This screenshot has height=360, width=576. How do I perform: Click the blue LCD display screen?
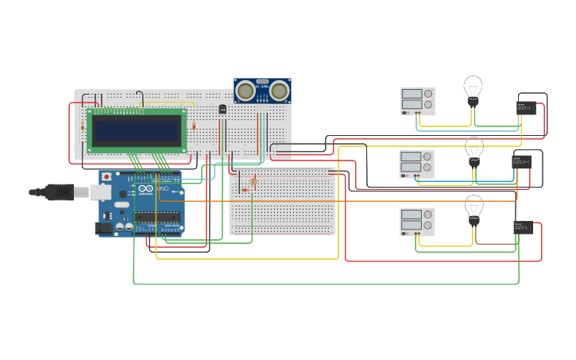pyautogui.click(x=137, y=130)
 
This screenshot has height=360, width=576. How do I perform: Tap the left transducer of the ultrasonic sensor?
pyautogui.click(x=246, y=91)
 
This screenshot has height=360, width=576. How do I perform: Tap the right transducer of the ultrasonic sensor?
pyautogui.click(x=279, y=91)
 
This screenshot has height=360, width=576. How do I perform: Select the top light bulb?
pyautogui.click(x=473, y=88)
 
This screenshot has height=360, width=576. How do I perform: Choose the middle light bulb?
pyautogui.click(x=474, y=149)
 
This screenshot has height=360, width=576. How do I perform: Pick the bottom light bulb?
pyautogui.click(x=474, y=208)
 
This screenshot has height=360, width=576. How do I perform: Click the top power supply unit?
pyautogui.click(x=417, y=101)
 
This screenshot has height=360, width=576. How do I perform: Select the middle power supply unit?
pyautogui.click(x=416, y=164)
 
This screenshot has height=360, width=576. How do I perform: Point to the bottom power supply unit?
pyautogui.click(x=417, y=222)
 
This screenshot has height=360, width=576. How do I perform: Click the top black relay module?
pyautogui.click(x=526, y=108)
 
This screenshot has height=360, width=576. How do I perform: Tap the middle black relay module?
pyautogui.click(x=521, y=161)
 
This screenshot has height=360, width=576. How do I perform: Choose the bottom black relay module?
pyautogui.click(x=523, y=227)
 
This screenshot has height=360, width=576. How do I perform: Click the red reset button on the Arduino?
pyautogui.click(x=106, y=177)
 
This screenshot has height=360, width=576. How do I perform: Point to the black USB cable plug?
pyautogui.click(x=60, y=192)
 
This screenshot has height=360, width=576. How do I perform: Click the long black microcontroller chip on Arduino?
pyautogui.click(x=157, y=216)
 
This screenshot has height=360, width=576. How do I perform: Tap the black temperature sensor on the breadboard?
pyautogui.click(x=222, y=109)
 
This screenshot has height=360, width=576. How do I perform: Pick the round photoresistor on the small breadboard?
pyautogui.click(x=253, y=182)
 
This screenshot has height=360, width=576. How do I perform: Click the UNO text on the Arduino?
pyautogui.click(x=162, y=188)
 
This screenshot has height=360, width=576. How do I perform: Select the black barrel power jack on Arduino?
pyautogui.click(x=103, y=228)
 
